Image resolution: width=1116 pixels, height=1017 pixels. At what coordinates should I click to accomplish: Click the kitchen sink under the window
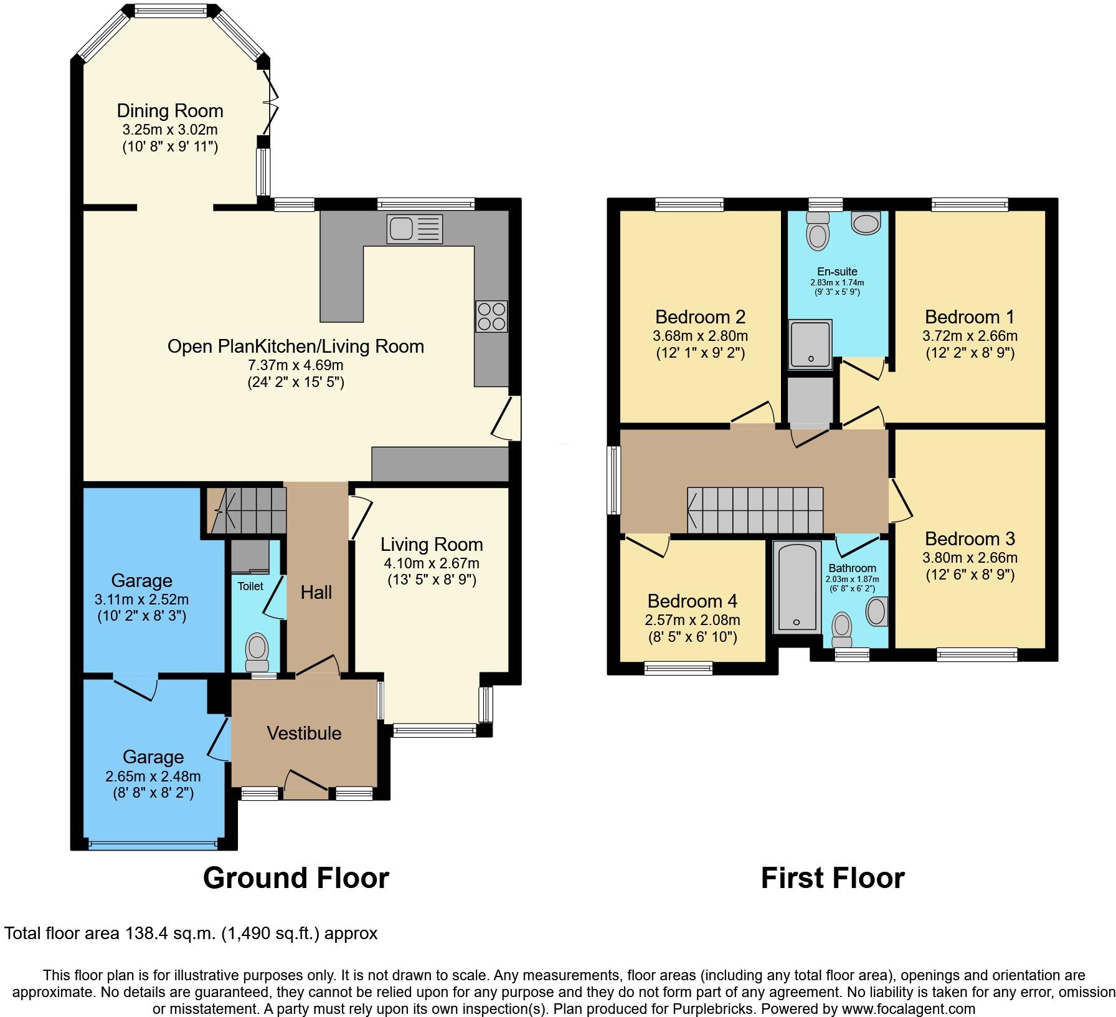coord(414,229)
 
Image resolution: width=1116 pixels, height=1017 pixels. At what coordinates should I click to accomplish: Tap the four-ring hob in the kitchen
coord(491,317)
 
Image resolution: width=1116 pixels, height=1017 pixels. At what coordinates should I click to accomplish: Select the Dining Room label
coord(170,111)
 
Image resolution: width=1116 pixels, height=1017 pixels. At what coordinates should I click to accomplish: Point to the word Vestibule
coord(304,733)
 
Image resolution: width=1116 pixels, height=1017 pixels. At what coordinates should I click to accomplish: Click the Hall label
coord(316,593)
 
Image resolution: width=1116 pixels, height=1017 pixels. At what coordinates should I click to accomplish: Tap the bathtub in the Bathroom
coord(796,587)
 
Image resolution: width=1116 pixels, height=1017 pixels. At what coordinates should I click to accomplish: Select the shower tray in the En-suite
coord(810,344)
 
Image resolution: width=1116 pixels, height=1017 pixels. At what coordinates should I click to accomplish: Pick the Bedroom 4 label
coord(692,601)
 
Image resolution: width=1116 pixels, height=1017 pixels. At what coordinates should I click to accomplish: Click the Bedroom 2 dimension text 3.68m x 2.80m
coord(700,336)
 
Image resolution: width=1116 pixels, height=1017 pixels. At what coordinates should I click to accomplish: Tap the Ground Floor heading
coord(296,878)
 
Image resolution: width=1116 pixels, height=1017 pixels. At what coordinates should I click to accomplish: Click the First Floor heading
coord(832,878)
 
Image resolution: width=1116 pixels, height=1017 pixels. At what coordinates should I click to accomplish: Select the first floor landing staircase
coord(755,510)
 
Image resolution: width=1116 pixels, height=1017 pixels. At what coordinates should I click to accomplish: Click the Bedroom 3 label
coord(970,539)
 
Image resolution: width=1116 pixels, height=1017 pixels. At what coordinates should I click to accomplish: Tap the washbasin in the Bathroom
coord(877,611)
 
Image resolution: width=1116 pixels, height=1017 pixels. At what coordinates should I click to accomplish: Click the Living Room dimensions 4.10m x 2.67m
coord(431,563)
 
